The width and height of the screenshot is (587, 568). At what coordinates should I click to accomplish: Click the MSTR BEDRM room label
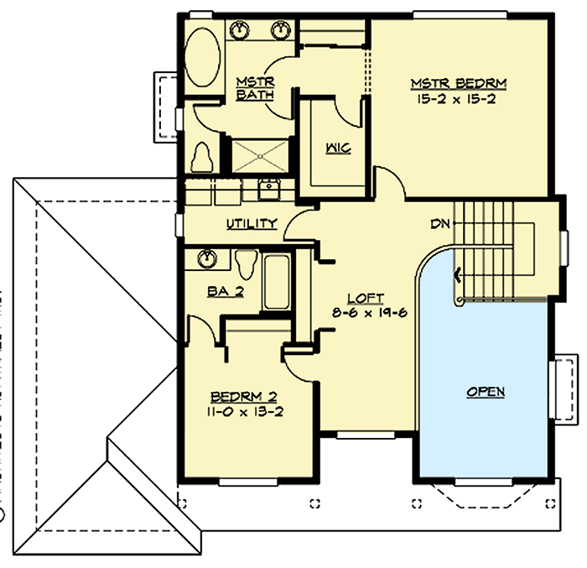coord(459,84)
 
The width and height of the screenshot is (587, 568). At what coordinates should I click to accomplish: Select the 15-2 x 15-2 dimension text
coord(459,99)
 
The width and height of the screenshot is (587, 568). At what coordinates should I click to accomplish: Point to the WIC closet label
coord(338,148)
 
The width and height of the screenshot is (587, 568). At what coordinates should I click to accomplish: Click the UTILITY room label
coord(251,223)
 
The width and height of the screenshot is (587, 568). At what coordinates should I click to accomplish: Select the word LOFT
coord(366,298)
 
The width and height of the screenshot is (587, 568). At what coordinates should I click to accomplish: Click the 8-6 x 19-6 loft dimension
coord(366,313)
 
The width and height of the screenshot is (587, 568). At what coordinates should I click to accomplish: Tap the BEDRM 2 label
coord(244,396)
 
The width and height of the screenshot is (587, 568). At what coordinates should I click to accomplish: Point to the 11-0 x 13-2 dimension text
coord(244,411)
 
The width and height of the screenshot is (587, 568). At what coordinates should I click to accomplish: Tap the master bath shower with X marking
coord(260,154)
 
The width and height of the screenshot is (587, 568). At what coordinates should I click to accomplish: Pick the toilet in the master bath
coord(201,156)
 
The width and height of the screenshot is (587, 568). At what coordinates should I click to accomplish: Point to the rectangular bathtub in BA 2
coord(276,282)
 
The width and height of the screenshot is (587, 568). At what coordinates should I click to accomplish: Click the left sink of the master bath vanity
coord(241,30)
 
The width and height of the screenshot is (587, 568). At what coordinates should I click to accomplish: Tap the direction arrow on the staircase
coord(458,274)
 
